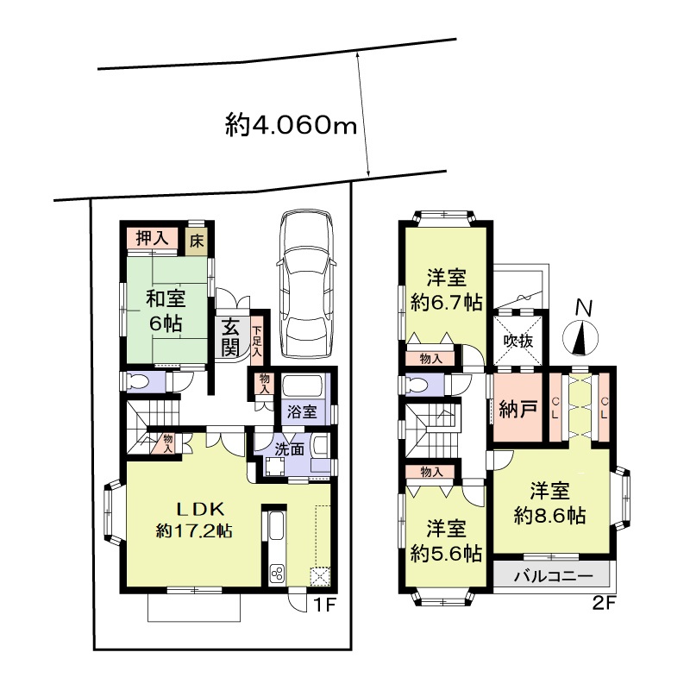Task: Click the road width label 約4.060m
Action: tap(291, 125)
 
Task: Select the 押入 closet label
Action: tap(153, 239)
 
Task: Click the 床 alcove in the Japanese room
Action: tap(197, 241)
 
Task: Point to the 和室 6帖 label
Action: tap(166, 311)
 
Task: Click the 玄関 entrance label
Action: tap(230, 337)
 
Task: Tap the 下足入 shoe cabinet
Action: tap(257, 340)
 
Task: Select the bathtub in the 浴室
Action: tap(304, 386)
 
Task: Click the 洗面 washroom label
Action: tap(290, 449)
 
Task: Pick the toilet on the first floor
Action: tap(138, 381)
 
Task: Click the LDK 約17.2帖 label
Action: tap(194, 520)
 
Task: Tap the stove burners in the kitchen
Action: tap(278, 574)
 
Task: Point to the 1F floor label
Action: tap(324, 605)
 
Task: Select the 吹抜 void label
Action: tap(518, 341)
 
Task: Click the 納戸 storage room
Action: tap(517, 407)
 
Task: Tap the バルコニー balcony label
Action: tap(554, 576)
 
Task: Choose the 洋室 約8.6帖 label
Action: tap(549, 503)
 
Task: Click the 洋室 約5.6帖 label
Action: tap(446, 541)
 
